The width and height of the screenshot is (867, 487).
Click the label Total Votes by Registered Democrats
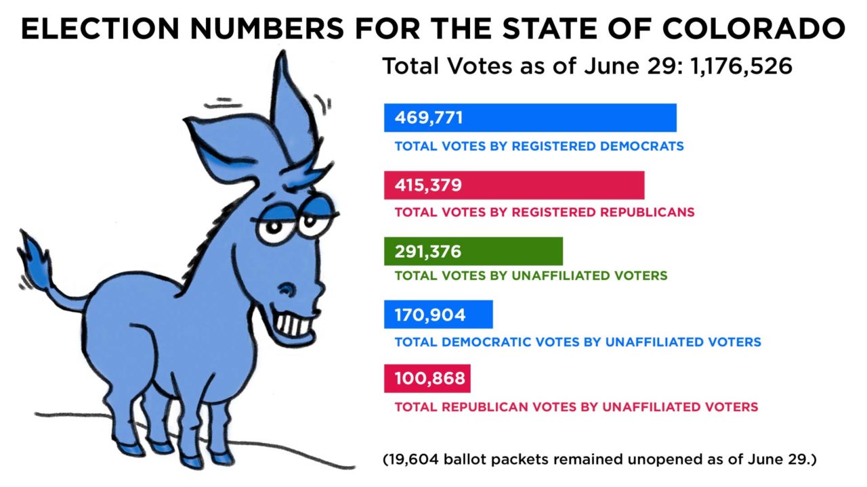click(x=538, y=146)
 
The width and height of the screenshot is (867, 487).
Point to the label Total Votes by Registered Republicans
click(x=544, y=212)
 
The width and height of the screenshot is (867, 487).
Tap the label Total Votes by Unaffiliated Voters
click(x=530, y=276)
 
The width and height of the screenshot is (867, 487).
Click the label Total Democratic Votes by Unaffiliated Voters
click(x=577, y=342)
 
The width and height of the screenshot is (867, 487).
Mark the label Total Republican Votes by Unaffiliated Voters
click(x=576, y=407)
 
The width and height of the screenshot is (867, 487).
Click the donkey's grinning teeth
click(x=294, y=323)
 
